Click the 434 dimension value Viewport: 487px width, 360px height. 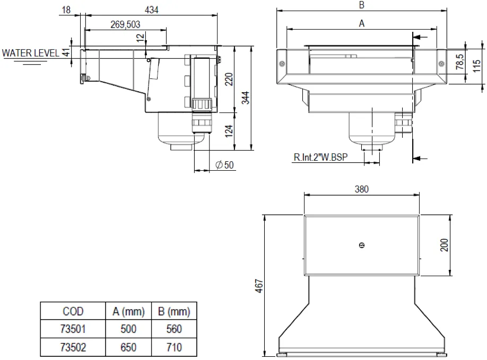click(151, 10)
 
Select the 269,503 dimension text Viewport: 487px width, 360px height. click(126, 24)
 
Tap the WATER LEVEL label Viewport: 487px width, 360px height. click(31, 53)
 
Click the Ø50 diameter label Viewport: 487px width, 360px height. click(224, 165)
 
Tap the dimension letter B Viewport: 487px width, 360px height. click(361, 5)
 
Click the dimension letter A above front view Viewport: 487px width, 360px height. click(362, 23)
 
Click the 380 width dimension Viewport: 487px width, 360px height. click(362, 189)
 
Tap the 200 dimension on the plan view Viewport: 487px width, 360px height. click(445, 245)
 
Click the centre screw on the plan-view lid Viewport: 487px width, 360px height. click(362, 245)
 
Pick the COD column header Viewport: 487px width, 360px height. click(73, 311)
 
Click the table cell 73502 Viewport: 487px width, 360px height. click(73, 347)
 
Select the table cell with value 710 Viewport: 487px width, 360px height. click(174, 347)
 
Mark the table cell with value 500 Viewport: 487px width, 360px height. click(128, 329)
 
